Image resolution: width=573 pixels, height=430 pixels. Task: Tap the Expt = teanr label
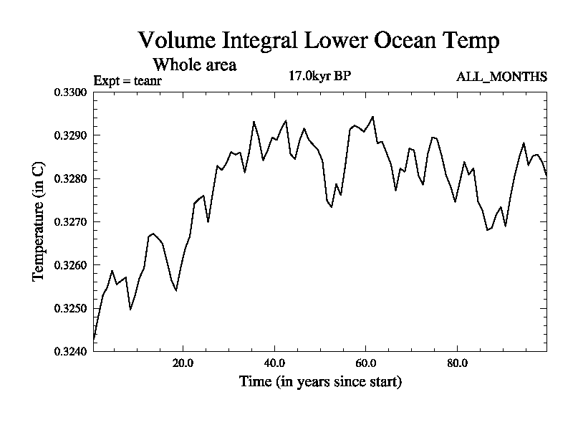tap(127, 80)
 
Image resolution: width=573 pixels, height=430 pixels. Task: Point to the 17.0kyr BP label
tap(319, 76)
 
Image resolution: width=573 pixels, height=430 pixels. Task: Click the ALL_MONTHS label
tap(501, 77)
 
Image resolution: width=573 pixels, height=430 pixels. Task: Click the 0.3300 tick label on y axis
tap(69, 92)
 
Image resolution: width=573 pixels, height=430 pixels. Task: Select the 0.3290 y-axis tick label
tap(69, 135)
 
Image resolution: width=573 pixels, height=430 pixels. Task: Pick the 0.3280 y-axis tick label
tap(69, 178)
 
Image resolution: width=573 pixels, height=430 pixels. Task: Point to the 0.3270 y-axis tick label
tap(69, 222)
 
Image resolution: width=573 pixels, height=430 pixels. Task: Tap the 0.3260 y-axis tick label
tap(69, 265)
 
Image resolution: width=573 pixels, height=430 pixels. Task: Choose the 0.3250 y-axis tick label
tap(69, 308)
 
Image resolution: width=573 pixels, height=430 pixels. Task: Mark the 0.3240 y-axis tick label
tap(69, 351)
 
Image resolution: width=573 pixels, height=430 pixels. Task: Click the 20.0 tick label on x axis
tap(183, 363)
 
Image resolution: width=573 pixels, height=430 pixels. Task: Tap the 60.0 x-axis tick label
tap(366, 363)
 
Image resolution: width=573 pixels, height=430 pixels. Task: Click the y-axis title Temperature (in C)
tap(40, 221)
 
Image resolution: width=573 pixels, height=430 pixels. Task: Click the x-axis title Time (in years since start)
tap(320, 382)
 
